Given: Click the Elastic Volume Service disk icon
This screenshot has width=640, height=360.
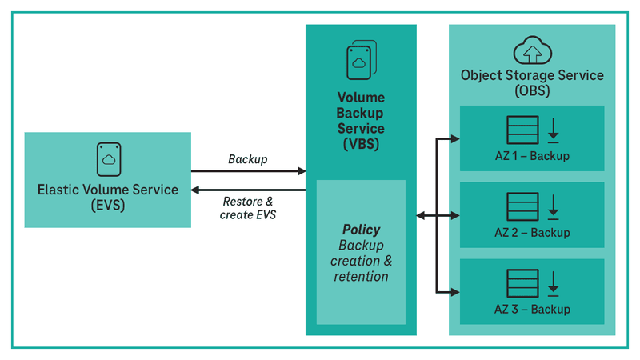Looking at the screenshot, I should [108, 159].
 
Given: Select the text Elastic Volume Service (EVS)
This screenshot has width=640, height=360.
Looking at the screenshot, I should [108, 197].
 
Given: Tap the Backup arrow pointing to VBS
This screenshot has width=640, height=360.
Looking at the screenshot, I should [248, 170].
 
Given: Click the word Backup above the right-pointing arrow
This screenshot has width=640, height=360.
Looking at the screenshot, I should [248, 159].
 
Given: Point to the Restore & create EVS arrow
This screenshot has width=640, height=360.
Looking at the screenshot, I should [248, 190].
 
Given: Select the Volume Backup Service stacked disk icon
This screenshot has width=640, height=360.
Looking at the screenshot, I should [361, 61].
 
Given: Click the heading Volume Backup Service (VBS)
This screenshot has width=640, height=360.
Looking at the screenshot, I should [361, 121].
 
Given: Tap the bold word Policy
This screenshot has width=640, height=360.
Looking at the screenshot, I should [361, 230].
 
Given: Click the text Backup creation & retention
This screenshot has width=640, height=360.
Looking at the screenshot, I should [361, 261].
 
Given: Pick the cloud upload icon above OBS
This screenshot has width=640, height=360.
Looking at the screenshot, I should [532, 51].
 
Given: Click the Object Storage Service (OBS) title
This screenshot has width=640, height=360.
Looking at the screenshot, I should [532, 82].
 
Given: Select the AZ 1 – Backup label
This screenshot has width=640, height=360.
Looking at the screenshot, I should [532, 156].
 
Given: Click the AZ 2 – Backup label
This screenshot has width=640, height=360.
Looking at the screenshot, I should [532, 233].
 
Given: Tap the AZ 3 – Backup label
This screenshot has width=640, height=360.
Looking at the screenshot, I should [532, 310].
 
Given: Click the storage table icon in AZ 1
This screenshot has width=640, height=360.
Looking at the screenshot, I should [521, 130].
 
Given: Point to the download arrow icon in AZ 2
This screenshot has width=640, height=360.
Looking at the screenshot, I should [554, 207].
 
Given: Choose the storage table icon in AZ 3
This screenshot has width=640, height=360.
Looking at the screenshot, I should [521, 284].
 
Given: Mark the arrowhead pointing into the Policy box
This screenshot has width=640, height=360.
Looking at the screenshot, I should [421, 215].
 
